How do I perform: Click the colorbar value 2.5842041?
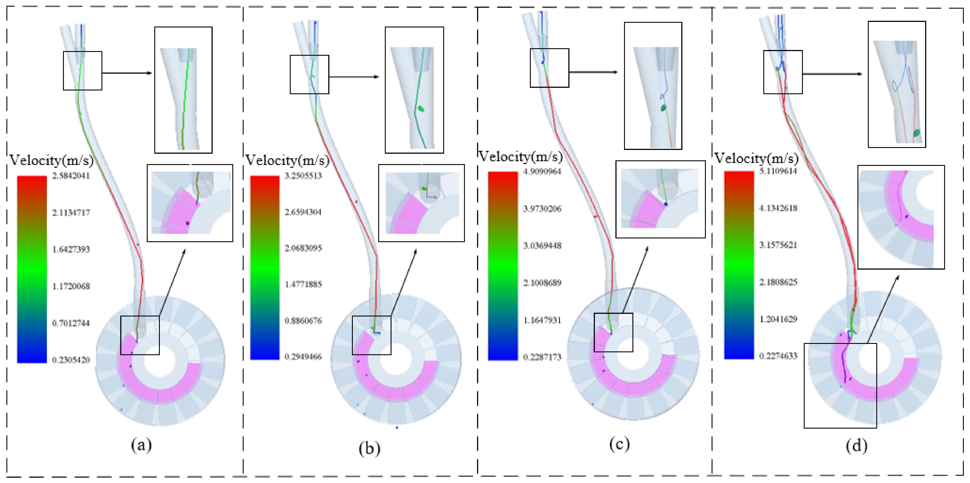71,176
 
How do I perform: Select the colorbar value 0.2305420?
71,360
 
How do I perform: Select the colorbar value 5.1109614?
778,171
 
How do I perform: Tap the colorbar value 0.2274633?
778,356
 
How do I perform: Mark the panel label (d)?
856,446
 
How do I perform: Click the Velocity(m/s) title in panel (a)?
52,161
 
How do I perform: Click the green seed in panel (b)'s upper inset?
421,109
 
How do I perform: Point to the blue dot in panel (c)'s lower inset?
666,204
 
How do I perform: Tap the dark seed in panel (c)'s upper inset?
663,108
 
